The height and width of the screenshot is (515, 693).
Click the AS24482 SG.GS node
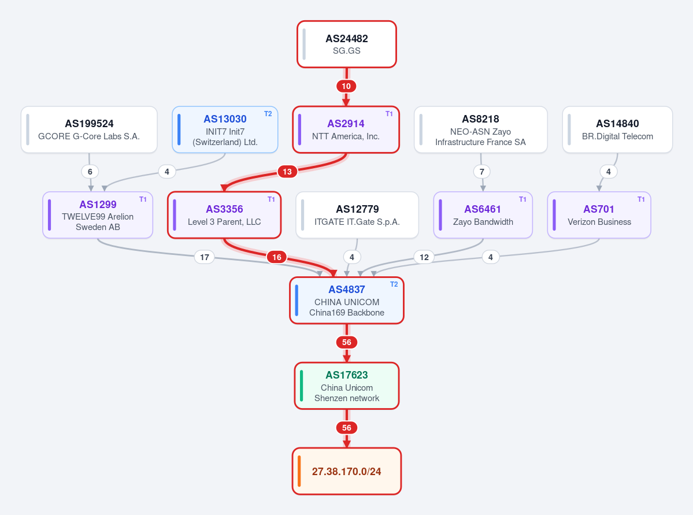click(x=347, y=44)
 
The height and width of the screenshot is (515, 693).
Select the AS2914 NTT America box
click(x=346, y=129)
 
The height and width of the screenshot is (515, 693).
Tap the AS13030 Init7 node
click(x=225, y=129)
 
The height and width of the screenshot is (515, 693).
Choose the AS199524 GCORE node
click(x=89, y=129)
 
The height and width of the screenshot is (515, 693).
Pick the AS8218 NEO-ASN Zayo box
click(x=480, y=129)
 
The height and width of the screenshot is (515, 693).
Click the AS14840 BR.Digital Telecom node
click(x=617, y=129)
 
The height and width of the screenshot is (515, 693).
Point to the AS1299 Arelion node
click(x=98, y=215)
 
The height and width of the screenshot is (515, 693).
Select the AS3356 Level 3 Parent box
click(x=224, y=215)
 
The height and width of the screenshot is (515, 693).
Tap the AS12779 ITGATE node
click(x=357, y=215)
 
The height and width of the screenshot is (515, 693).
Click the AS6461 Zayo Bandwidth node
click(x=483, y=215)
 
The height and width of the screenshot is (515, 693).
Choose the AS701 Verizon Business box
click(x=599, y=215)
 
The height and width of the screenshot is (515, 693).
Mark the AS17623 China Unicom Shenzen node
click(x=347, y=386)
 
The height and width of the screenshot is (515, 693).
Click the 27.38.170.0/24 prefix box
click(x=347, y=471)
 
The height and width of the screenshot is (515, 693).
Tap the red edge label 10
click(x=346, y=86)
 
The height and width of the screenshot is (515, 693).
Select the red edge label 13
click(x=287, y=172)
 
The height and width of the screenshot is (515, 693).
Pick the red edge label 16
click(x=277, y=257)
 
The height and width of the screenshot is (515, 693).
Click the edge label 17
click(x=205, y=257)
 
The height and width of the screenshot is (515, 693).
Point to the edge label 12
click(x=424, y=257)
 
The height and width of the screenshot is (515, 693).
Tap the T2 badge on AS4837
click(x=394, y=284)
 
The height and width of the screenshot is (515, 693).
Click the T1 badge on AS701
click(x=641, y=199)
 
